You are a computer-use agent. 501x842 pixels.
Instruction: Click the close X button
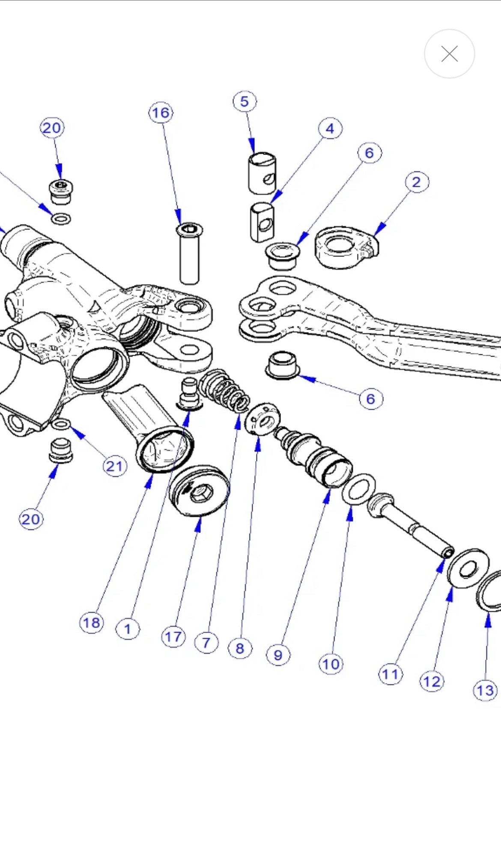point(449,54)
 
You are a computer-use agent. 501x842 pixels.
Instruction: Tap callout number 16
point(161,113)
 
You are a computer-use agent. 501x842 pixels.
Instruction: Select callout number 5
point(245,102)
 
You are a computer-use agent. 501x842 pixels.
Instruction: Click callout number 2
point(417,182)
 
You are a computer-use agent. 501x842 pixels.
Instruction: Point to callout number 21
point(114,466)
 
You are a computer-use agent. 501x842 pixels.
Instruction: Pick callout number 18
point(91,622)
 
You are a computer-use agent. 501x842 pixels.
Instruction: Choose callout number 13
point(485,690)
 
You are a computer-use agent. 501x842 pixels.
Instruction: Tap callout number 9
point(278,655)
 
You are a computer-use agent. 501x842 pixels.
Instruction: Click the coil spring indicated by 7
point(224,390)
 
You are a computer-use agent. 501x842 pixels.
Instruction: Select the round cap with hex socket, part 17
point(199,491)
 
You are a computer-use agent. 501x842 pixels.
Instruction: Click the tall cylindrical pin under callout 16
point(189,255)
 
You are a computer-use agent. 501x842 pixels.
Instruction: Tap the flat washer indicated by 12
point(468,568)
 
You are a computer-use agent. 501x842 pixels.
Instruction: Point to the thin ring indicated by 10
point(359,489)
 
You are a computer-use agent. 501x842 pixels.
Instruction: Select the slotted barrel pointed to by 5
point(262,173)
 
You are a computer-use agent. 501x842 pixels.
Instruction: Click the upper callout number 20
point(52,128)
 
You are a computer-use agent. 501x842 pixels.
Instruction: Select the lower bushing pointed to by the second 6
point(282,365)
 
